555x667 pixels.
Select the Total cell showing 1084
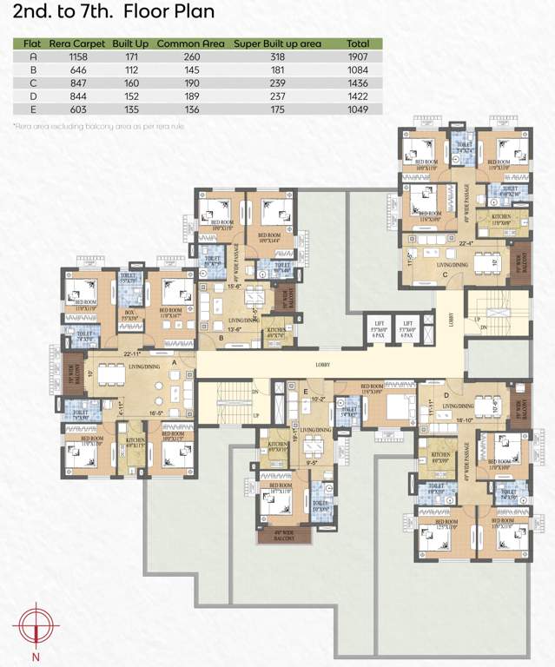pyautogui.click(x=357, y=70)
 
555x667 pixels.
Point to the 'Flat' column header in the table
pyautogui.click(x=32, y=43)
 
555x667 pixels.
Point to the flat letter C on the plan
pyautogui.click(x=445, y=274)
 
